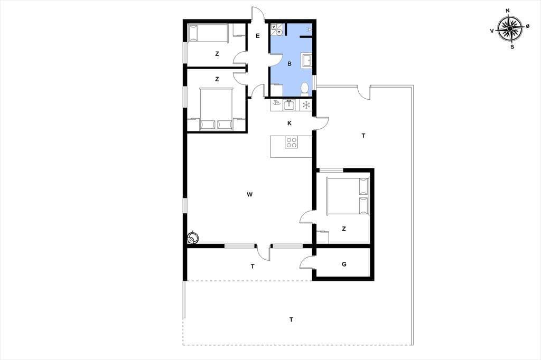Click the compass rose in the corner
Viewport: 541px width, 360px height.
pos(510,29)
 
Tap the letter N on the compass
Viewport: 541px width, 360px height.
pos(508,11)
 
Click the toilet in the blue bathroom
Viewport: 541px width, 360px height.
pos(304,88)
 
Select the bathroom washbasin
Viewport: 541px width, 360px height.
pos(307,60)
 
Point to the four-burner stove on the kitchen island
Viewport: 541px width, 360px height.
pos(292,142)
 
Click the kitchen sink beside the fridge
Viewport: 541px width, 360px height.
pos(289,105)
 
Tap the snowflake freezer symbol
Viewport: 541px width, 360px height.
pos(306,105)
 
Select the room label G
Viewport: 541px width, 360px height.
pos(344,264)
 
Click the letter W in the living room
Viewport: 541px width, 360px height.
pos(250,194)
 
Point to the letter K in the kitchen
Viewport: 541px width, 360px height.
pos(290,123)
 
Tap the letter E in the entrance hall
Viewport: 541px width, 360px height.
pos(258,36)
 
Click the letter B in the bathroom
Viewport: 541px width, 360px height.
pos(290,64)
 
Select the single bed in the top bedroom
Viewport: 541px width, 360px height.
pos(208,33)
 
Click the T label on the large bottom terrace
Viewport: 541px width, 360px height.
pos(291,320)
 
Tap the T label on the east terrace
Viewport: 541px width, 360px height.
pos(363,136)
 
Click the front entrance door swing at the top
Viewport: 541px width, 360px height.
pos(258,14)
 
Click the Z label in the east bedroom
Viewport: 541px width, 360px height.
pos(343,229)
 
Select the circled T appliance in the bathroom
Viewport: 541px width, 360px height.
pos(279,32)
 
